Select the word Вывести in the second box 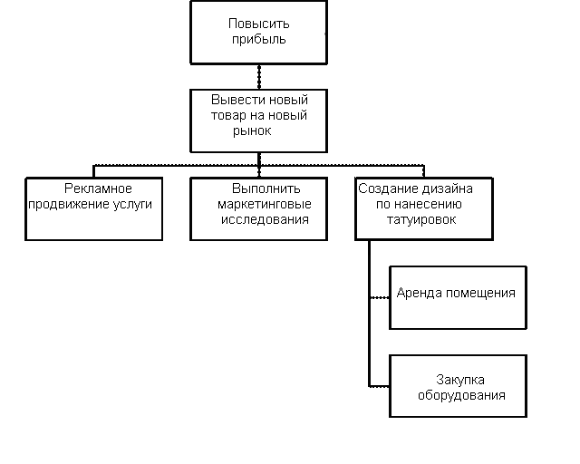pos(232,100)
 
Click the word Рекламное pos(98,188)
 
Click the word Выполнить pos(258,188)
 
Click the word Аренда pos(418,293)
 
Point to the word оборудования pos(460,395)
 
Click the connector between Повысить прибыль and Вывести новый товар pos(258,75)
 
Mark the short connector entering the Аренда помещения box pos(379,297)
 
